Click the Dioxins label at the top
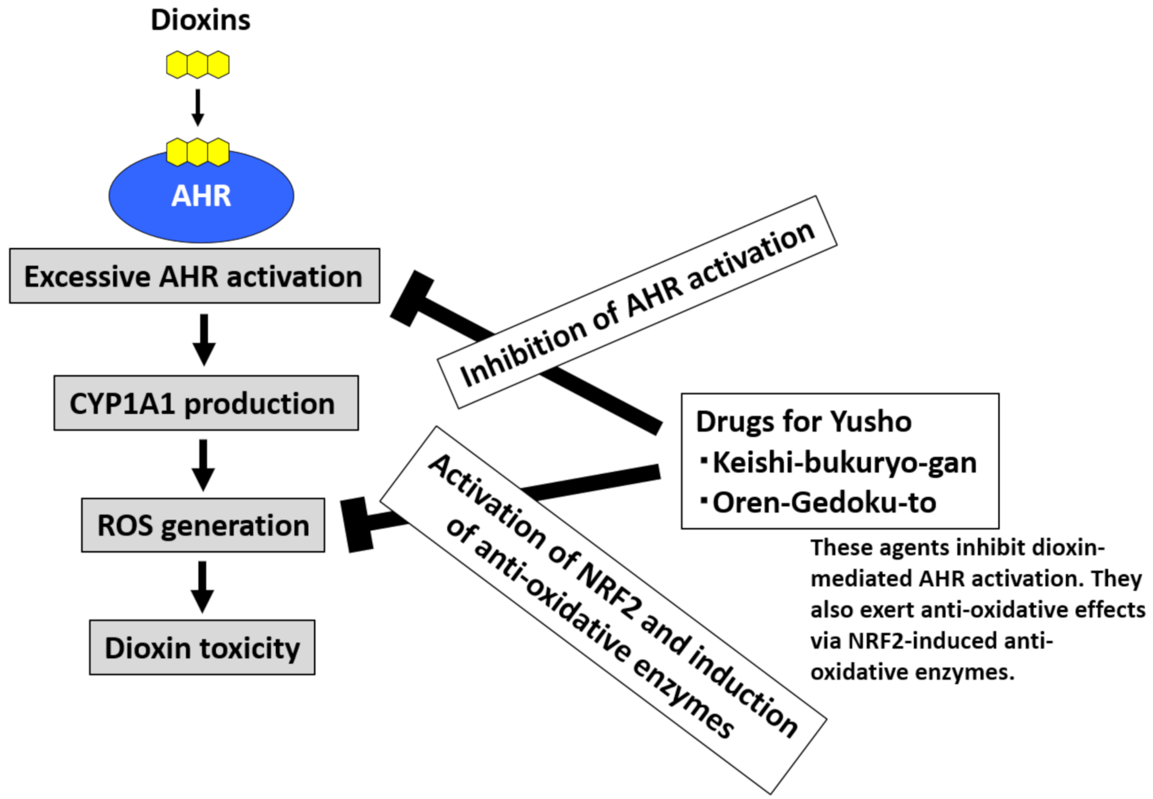click(x=200, y=20)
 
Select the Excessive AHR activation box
click(x=194, y=276)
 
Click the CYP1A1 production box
click(x=206, y=403)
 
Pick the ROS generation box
click(x=203, y=525)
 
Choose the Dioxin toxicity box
click(x=202, y=647)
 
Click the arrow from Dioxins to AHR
click(x=198, y=107)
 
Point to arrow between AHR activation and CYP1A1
click(x=204, y=340)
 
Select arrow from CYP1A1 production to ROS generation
click(x=203, y=465)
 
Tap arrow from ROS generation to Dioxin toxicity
click(x=203, y=587)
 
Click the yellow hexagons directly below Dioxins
click(x=198, y=65)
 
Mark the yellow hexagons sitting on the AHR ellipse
click(x=198, y=152)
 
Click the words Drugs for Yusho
click(x=804, y=422)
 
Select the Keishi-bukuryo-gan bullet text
click(x=839, y=463)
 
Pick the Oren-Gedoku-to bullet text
click(x=818, y=502)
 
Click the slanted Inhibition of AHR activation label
click(x=637, y=302)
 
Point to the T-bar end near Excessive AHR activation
click(x=412, y=298)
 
